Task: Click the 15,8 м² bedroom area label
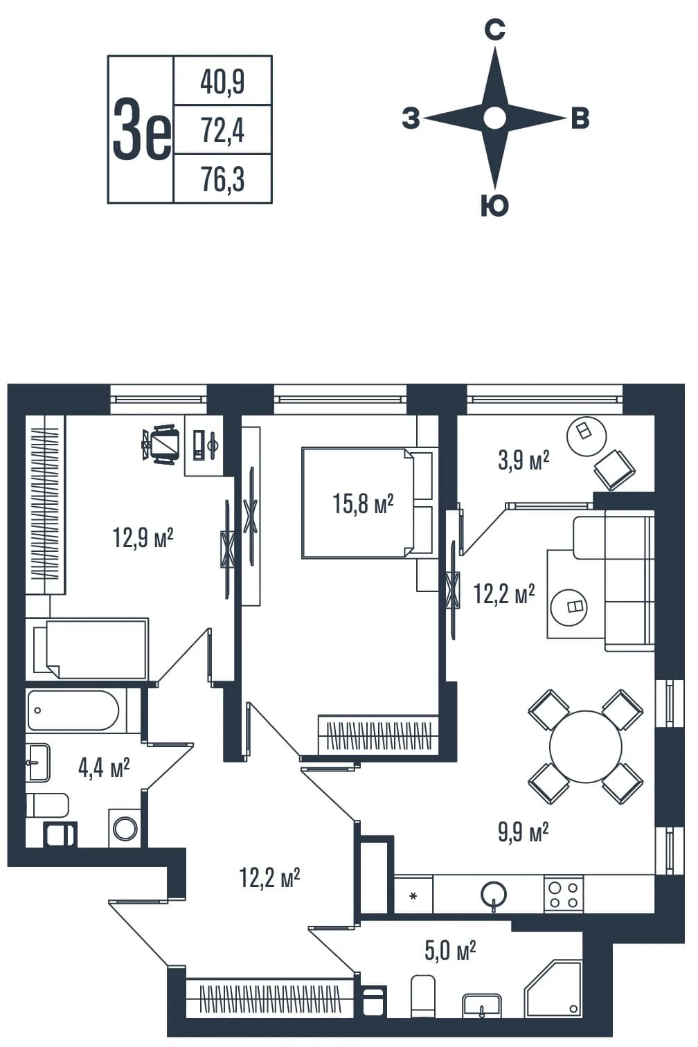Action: [363, 504]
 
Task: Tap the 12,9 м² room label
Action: [143, 537]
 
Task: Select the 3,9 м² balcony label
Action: [523, 461]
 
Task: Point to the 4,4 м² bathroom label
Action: [104, 769]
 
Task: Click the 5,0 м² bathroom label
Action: [450, 951]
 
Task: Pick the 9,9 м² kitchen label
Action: [523, 833]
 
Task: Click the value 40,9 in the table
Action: [222, 82]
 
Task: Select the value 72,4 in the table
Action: [223, 130]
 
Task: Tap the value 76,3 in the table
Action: [223, 179]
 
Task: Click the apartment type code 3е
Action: [142, 130]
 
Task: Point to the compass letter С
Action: [494, 30]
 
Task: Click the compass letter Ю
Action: [494, 206]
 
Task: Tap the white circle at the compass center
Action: [494, 118]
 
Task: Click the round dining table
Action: [586, 747]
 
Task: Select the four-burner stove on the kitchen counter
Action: [564, 894]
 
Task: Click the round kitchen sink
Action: [494, 893]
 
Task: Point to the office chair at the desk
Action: [161, 444]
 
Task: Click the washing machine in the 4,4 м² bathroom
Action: [125, 828]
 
